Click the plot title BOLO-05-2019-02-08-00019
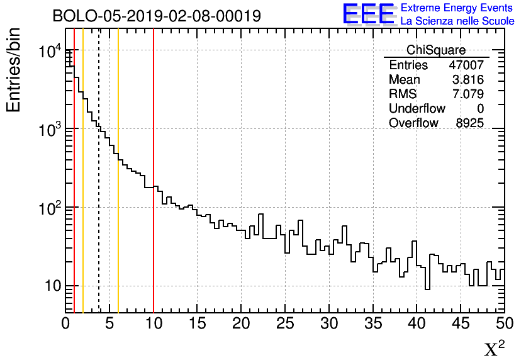pyautogui.click(x=157, y=16)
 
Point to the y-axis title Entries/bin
pyautogui.click(x=14, y=70)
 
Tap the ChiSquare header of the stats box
pyautogui.click(x=436, y=50)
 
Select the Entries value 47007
pyautogui.click(x=466, y=65)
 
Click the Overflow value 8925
pyautogui.click(x=469, y=123)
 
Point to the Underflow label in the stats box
pyautogui.click(x=417, y=108)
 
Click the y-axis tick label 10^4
pyautogui.click(x=50, y=52)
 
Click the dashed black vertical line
pyautogui.click(x=99, y=189)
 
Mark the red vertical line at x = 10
pyautogui.click(x=154, y=252)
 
